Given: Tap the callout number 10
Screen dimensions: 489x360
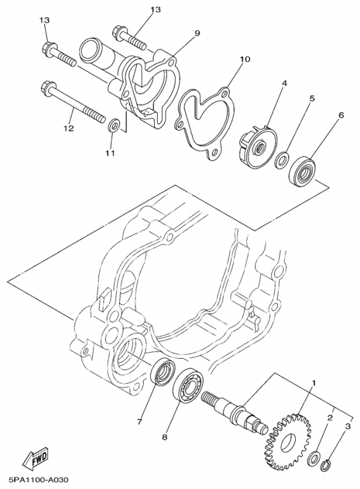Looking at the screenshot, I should [244, 60].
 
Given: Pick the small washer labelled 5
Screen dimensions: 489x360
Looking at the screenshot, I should [282, 160].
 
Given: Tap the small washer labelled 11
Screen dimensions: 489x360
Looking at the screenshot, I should [113, 126].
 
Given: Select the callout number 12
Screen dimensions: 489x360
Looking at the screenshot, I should [68, 129].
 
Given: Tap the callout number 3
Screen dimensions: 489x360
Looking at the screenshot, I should [347, 425].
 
